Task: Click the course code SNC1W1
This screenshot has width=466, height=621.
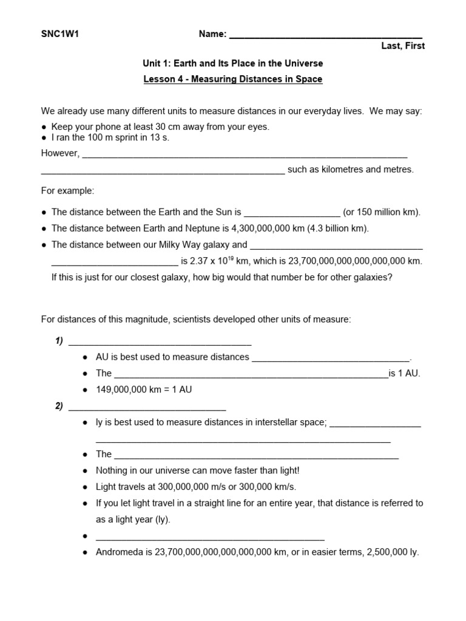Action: [60, 34]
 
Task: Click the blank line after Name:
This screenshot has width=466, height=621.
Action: [325, 35]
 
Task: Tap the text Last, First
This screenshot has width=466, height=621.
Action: [403, 46]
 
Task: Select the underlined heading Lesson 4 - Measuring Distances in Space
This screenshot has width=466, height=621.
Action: [233, 79]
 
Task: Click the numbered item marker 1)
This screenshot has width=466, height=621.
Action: [59, 341]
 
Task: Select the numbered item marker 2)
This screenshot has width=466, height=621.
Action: [59, 406]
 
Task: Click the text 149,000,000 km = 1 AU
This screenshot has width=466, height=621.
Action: [144, 389]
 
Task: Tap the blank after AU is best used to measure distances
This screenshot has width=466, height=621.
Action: [331, 358]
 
